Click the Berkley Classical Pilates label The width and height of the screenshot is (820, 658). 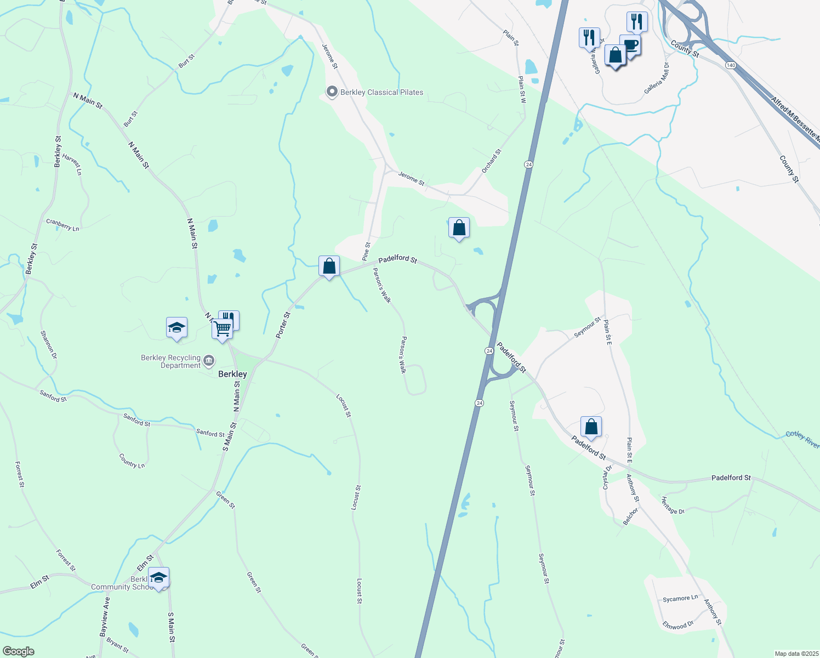[381, 93]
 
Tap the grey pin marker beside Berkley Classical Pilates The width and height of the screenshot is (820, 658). [332, 92]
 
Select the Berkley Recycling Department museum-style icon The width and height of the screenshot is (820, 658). [209, 361]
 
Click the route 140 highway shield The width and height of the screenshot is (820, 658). [730, 65]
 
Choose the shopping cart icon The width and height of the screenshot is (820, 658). [222, 329]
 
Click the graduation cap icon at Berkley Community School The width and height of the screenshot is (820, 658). [158, 577]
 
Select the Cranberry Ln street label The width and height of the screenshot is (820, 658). [62, 225]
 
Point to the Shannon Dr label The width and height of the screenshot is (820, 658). [49, 344]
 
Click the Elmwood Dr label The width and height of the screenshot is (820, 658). [678, 625]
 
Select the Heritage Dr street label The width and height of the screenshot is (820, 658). [673, 506]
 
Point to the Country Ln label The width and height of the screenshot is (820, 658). [132, 461]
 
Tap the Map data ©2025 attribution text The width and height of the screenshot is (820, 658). [796, 654]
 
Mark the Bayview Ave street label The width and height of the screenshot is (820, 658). [105, 617]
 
